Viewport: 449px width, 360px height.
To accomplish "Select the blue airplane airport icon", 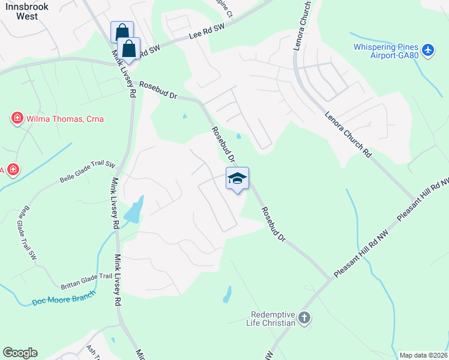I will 428,50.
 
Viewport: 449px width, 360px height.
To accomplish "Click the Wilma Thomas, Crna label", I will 65,119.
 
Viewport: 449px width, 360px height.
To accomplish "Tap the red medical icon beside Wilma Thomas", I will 17,118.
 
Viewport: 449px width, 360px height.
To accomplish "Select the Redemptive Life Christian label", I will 274,319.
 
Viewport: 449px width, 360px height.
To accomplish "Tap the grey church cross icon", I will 304,318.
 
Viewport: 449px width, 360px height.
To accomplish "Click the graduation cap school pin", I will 237,178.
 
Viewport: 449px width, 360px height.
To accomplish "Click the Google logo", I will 20,353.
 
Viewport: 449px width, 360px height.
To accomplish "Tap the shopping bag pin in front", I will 128,48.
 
